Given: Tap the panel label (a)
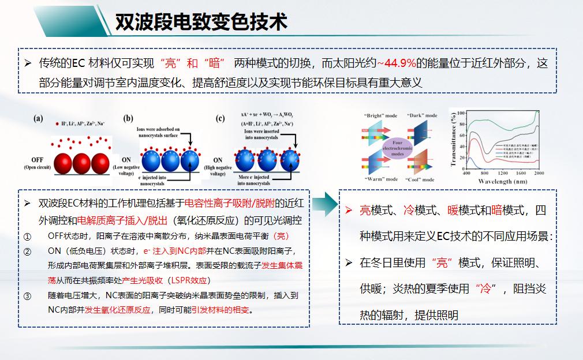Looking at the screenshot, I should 38,119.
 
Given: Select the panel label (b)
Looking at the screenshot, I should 128,119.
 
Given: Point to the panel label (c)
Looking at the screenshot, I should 220,119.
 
